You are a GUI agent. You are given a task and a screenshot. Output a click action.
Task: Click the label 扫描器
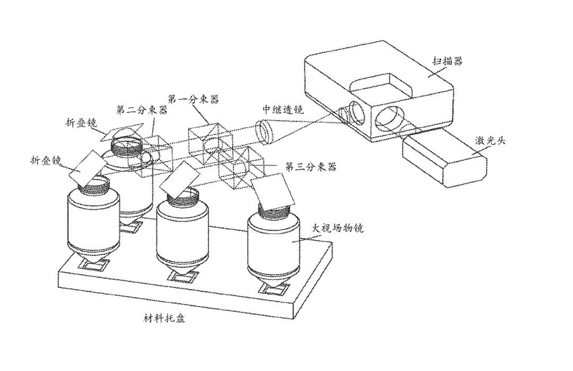(448, 60)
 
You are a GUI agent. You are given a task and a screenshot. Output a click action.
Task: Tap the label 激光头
(490, 140)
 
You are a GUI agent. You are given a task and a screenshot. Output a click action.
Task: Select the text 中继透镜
(283, 109)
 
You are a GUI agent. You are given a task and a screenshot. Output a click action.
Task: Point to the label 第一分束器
(193, 99)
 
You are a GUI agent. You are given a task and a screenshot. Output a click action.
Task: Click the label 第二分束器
(142, 110)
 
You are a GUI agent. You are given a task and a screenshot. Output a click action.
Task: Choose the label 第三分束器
(311, 167)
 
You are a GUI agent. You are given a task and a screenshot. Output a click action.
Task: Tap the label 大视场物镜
(337, 229)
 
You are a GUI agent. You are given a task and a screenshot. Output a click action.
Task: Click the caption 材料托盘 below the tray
(164, 318)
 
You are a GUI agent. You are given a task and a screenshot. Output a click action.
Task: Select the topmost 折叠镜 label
(82, 123)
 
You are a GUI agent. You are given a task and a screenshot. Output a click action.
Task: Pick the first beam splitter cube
(210, 144)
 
